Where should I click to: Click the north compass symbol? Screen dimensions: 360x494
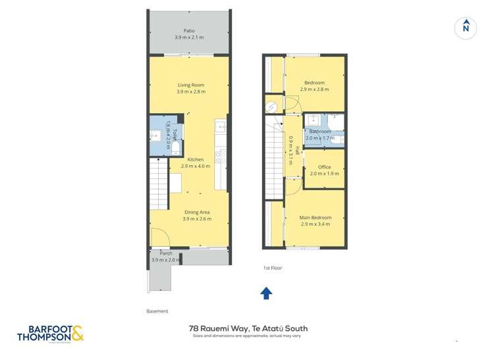point(466,28)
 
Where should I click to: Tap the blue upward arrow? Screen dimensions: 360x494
point(266,293)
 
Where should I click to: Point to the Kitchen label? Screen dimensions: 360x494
point(195,159)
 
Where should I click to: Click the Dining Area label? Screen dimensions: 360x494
point(197,212)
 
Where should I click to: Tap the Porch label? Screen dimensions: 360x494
point(165,253)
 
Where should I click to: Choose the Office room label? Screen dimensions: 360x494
point(324,167)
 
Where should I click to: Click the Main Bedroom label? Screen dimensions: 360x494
point(316,217)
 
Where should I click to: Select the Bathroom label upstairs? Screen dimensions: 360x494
point(319,132)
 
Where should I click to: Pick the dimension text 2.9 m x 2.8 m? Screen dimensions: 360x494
point(314,90)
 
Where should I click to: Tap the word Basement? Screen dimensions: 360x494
point(157,311)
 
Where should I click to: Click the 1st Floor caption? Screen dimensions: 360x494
point(272,269)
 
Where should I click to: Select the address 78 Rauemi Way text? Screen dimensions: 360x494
point(248,328)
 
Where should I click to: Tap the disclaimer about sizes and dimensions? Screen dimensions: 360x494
point(248,336)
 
